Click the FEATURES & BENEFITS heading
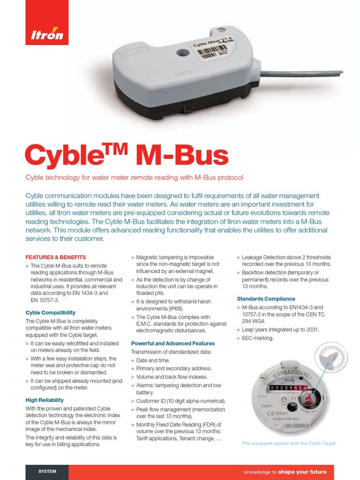click(55, 257)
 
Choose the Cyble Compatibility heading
click(50, 313)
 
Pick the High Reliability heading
click(44, 400)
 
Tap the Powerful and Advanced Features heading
click(173, 344)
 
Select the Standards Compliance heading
click(266, 299)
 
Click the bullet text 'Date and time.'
click(153, 360)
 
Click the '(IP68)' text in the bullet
click(174, 309)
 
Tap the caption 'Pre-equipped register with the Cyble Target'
click(289, 443)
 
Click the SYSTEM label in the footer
click(47, 472)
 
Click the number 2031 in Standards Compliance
click(311, 330)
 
